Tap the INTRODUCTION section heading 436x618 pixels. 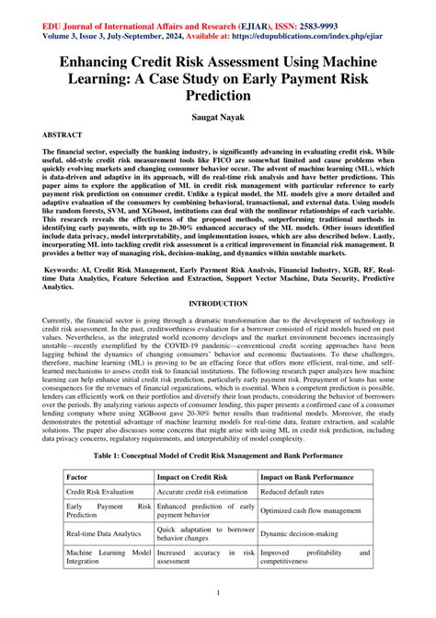218,303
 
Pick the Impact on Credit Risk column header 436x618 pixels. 191,478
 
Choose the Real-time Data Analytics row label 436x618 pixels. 103,534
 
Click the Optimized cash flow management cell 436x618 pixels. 315,510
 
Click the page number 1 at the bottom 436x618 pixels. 218,593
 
